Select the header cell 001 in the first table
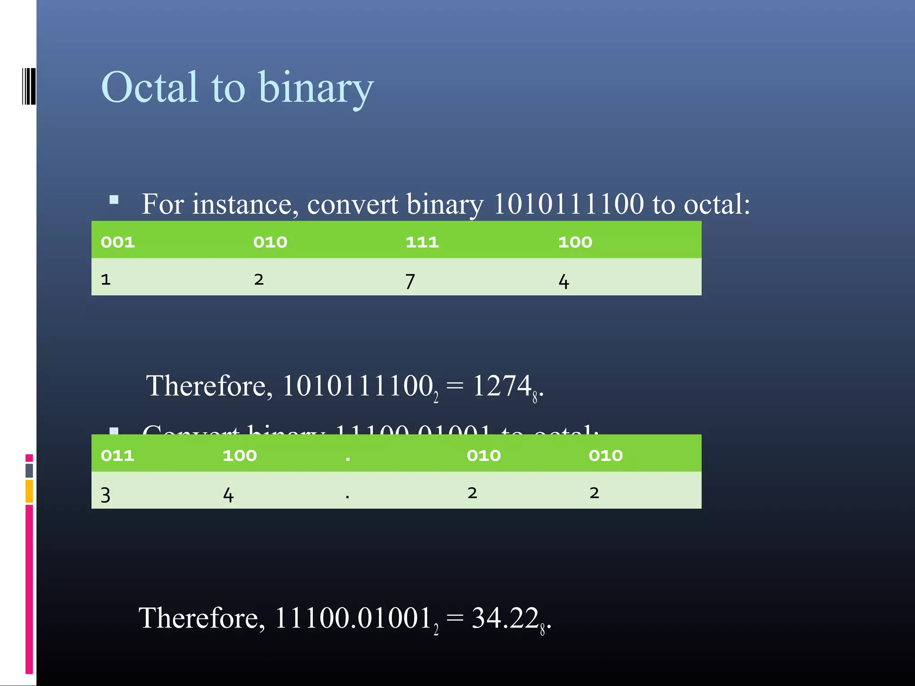click(118, 242)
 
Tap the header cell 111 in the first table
click(422, 242)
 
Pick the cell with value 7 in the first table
click(410, 281)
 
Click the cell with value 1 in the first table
click(106, 280)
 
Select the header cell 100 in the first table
click(575, 242)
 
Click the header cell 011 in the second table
click(118, 456)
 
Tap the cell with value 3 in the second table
click(105, 495)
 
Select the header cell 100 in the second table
click(239, 456)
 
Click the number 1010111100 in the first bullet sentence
click(568, 204)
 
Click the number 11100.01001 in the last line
click(353, 618)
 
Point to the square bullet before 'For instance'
click(114, 200)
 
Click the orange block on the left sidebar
click(29, 491)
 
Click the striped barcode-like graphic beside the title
click(29, 86)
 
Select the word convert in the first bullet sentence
click(353, 204)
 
